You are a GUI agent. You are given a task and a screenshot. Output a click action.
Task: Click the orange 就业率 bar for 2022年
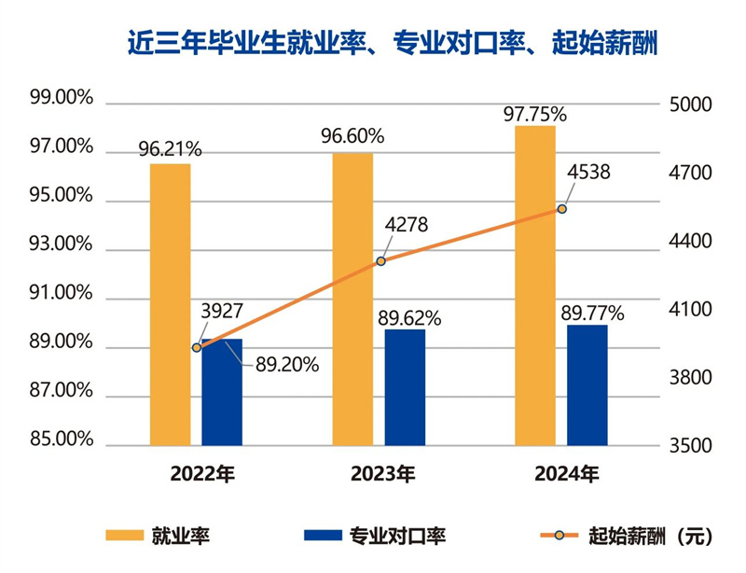pyautogui.click(x=171, y=304)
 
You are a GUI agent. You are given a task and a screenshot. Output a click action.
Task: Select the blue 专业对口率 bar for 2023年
pyautogui.click(x=405, y=387)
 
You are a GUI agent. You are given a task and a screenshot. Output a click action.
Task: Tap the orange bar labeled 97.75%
pyautogui.click(x=535, y=285)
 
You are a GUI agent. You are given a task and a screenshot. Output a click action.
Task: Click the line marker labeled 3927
pyautogui.click(x=197, y=347)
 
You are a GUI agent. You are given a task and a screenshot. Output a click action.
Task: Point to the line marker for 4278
pyautogui.click(x=380, y=261)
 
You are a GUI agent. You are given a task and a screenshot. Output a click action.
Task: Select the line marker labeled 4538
pyautogui.click(x=561, y=209)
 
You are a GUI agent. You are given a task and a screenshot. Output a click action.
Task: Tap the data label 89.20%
pyautogui.click(x=287, y=364)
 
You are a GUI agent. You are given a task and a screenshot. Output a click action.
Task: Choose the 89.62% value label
pyautogui.click(x=409, y=316)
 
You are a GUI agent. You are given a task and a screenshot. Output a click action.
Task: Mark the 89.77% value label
pyautogui.click(x=592, y=312)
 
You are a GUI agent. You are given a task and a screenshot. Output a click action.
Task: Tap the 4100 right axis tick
pyautogui.click(x=692, y=310)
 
